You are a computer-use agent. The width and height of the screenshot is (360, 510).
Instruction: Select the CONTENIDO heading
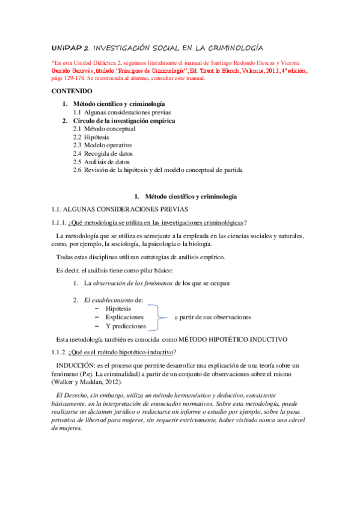click(72, 92)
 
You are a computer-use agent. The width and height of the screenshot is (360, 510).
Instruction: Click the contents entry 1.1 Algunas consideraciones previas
click(122, 112)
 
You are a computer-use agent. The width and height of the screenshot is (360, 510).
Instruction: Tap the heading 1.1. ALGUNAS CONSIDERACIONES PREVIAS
click(120, 209)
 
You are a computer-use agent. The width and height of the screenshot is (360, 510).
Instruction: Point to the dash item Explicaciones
click(124, 316)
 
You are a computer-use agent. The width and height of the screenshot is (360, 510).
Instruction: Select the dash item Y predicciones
click(126, 326)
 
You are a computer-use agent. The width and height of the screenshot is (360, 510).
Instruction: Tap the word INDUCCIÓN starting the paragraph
click(75, 365)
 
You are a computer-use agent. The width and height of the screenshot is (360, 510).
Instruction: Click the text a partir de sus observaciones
click(213, 317)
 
